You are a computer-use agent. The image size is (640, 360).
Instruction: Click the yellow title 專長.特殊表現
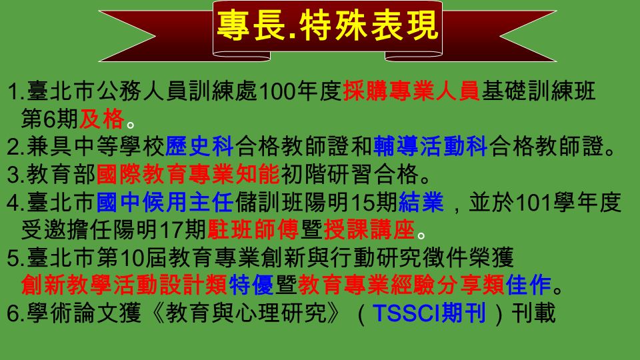pos(327,26)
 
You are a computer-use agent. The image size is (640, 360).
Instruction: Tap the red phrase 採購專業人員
pos(411,91)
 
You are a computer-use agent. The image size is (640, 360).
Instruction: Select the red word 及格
pos(101,119)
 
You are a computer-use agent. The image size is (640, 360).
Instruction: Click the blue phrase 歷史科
pos(199,147)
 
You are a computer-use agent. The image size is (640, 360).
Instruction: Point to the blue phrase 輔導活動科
pos(430,147)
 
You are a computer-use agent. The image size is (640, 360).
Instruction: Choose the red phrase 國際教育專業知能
pos(188,174)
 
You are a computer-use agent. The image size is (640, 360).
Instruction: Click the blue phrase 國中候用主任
pos(165,202)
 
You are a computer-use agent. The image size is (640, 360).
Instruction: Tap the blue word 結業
pos(421,202)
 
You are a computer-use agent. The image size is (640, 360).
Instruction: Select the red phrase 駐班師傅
pos(253,230)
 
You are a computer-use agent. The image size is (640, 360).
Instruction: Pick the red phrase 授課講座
pos(369,230)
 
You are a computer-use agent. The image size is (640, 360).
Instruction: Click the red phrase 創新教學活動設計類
pos(124,285)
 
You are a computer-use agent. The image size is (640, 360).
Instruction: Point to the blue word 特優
pos(251,285)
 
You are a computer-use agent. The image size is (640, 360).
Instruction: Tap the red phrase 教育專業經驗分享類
pos(401,285)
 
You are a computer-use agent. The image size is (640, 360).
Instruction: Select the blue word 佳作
pos(528,285)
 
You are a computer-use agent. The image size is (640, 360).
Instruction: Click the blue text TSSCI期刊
pos(429,313)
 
